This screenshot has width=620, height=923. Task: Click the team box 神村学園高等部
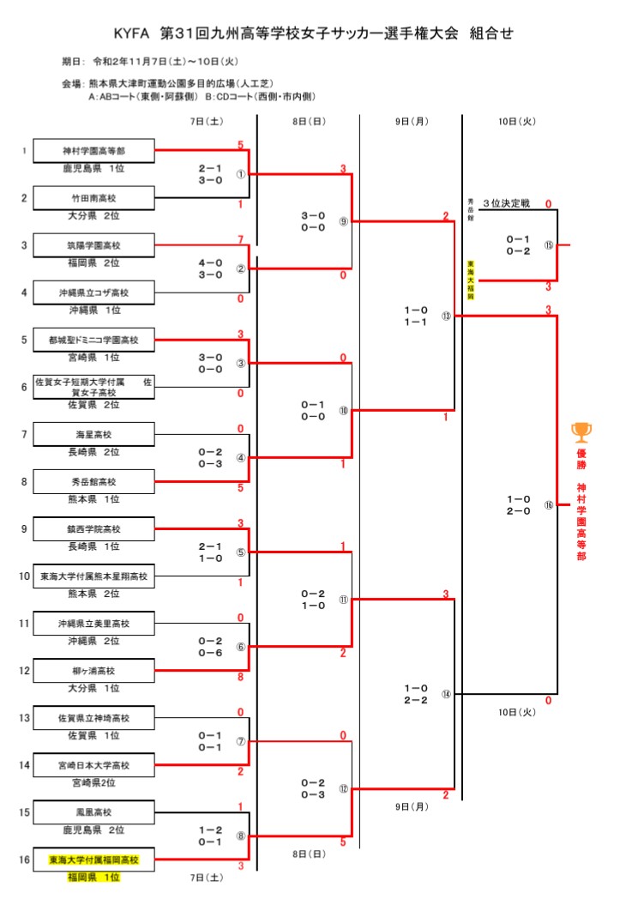point(93,151)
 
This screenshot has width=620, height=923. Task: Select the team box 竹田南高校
point(93,198)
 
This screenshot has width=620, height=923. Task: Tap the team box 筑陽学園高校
point(93,245)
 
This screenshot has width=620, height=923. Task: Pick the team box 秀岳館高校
point(93,481)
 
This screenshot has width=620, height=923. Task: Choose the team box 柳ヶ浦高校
point(93,670)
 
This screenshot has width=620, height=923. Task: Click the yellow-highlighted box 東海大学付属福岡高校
point(93,859)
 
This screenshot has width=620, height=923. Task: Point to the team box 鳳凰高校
point(93,811)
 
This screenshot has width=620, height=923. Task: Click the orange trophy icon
point(581,430)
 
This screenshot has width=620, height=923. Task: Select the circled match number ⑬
point(446,316)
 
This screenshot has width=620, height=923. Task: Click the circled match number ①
point(241,174)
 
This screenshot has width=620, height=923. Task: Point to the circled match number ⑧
point(241,836)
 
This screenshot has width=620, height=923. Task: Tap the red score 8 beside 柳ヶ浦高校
point(240,678)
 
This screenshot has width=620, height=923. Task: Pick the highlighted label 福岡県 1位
point(93,878)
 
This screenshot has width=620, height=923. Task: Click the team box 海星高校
point(93,434)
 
